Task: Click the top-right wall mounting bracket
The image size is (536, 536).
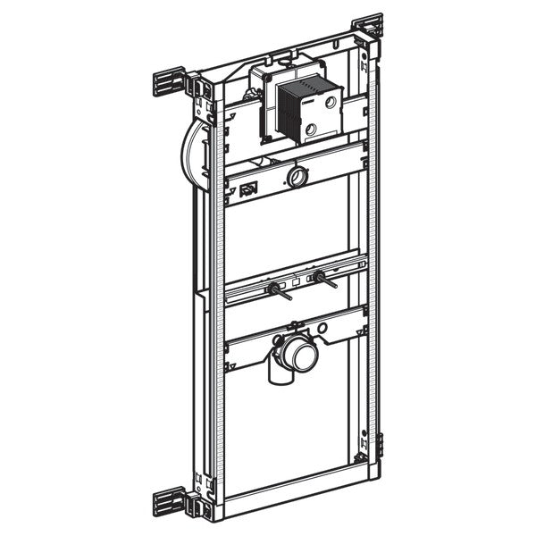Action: click(368, 27)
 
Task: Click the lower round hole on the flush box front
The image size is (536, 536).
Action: click(310, 130)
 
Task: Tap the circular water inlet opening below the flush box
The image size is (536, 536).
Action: click(296, 176)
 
